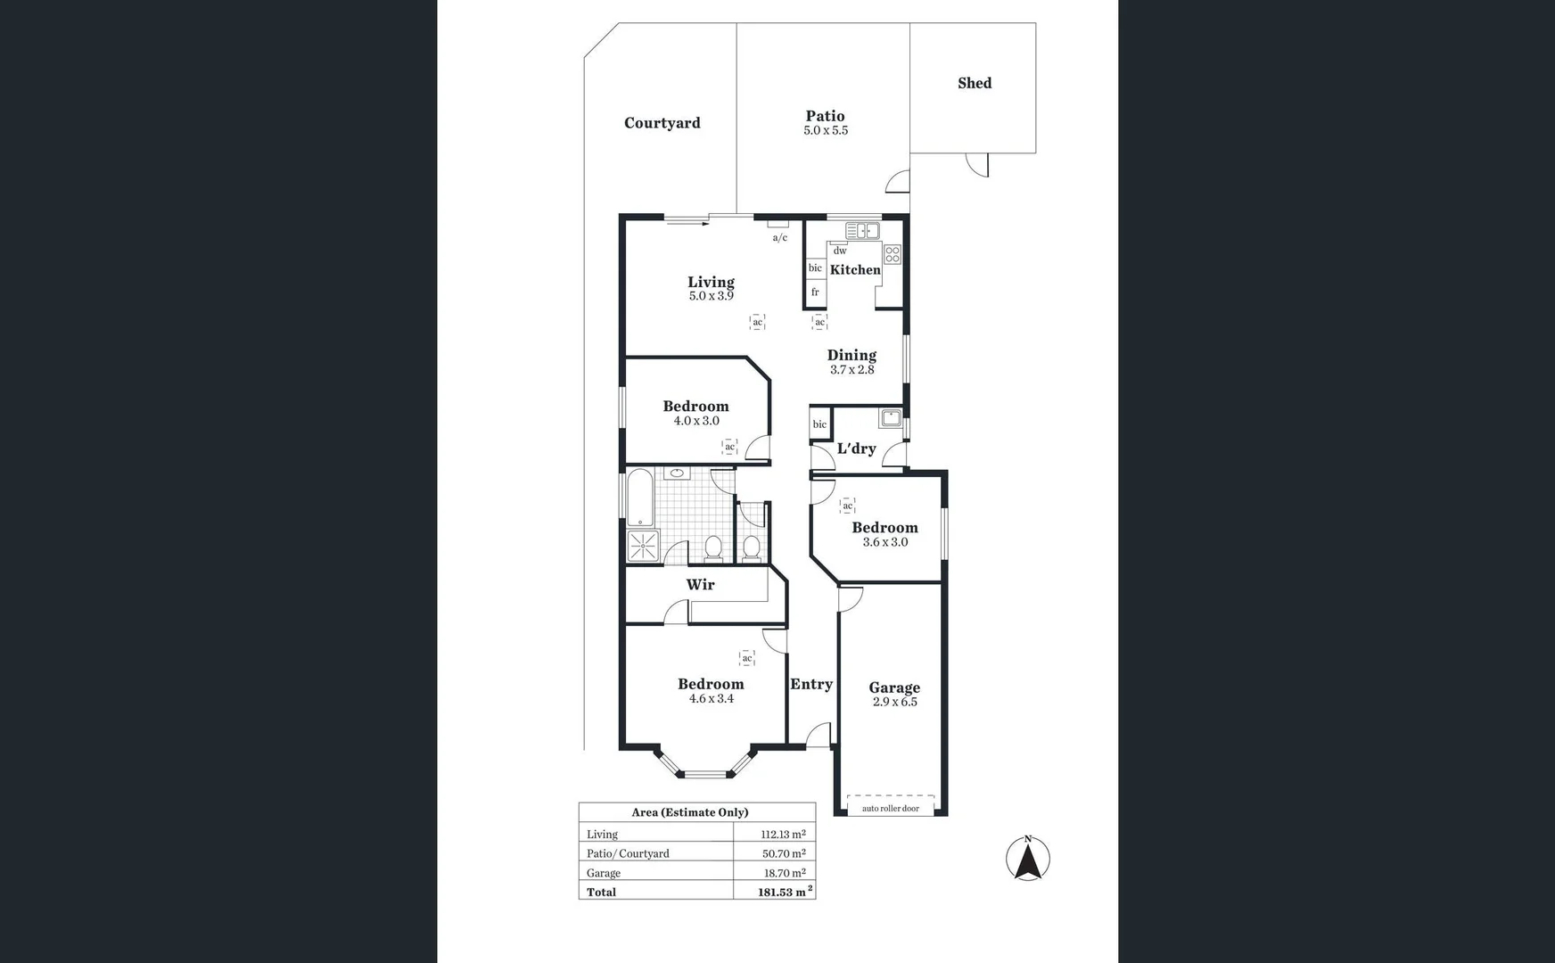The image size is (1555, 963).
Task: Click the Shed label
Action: tap(975, 83)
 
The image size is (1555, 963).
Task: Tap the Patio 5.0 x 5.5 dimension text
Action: tap(826, 130)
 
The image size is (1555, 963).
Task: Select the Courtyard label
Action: tap(662, 123)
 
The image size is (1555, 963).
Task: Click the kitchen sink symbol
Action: tap(862, 231)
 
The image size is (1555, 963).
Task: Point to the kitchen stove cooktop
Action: tap(893, 254)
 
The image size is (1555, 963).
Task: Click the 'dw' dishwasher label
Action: tap(840, 251)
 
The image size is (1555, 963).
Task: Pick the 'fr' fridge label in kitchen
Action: tap(815, 292)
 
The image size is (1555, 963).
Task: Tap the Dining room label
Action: tap(852, 355)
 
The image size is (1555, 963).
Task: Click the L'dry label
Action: tap(856, 449)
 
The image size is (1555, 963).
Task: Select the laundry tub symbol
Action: tap(890, 417)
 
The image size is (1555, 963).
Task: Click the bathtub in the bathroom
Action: tap(640, 498)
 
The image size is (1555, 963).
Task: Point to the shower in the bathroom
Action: tap(643, 546)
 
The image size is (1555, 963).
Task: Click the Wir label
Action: tap(700, 585)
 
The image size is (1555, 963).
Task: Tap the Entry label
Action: tap(811, 684)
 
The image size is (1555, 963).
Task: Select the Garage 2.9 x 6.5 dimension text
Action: tap(894, 702)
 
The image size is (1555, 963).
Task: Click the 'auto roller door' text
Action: tap(891, 809)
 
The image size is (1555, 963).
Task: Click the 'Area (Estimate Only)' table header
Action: tap(690, 812)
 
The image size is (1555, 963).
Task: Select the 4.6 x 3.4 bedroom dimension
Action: tap(711, 699)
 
